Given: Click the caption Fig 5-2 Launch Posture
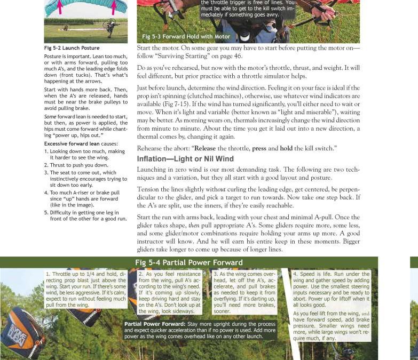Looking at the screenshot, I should click(72, 48).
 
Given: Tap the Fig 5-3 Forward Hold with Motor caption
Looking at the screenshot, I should click(186, 36).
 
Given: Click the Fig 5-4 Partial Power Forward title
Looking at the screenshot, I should click(189, 262).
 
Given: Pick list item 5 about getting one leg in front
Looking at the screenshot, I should click(85, 215).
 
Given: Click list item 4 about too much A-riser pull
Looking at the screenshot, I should click(85, 198).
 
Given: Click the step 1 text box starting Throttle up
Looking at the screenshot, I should click(85, 289).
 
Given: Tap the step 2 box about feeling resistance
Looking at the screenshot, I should click(173, 292).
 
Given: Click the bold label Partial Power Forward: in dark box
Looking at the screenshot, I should click(155, 324).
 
